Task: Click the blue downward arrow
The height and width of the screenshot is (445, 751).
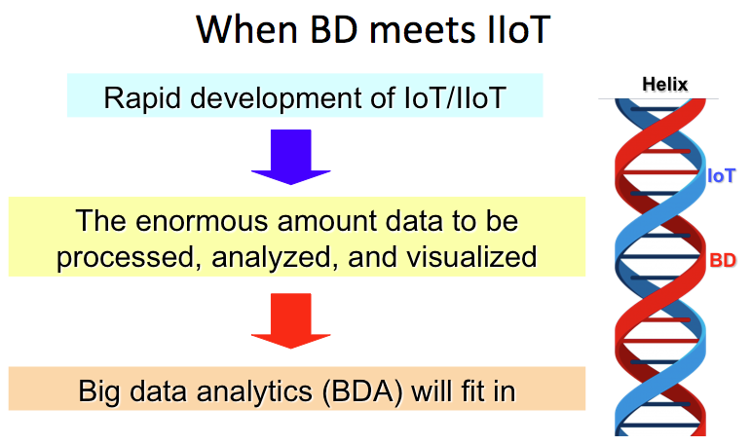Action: (x=290, y=157)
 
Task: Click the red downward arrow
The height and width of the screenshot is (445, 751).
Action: (x=290, y=320)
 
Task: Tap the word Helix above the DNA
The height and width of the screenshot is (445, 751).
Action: (x=664, y=85)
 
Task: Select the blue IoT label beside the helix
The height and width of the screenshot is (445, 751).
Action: (x=722, y=176)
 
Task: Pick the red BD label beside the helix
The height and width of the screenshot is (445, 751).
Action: (x=723, y=261)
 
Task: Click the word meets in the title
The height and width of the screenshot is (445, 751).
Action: (x=422, y=30)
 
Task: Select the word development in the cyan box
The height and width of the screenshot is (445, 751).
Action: (x=277, y=98)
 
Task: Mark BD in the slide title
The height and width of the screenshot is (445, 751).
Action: (x=334, y=29)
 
